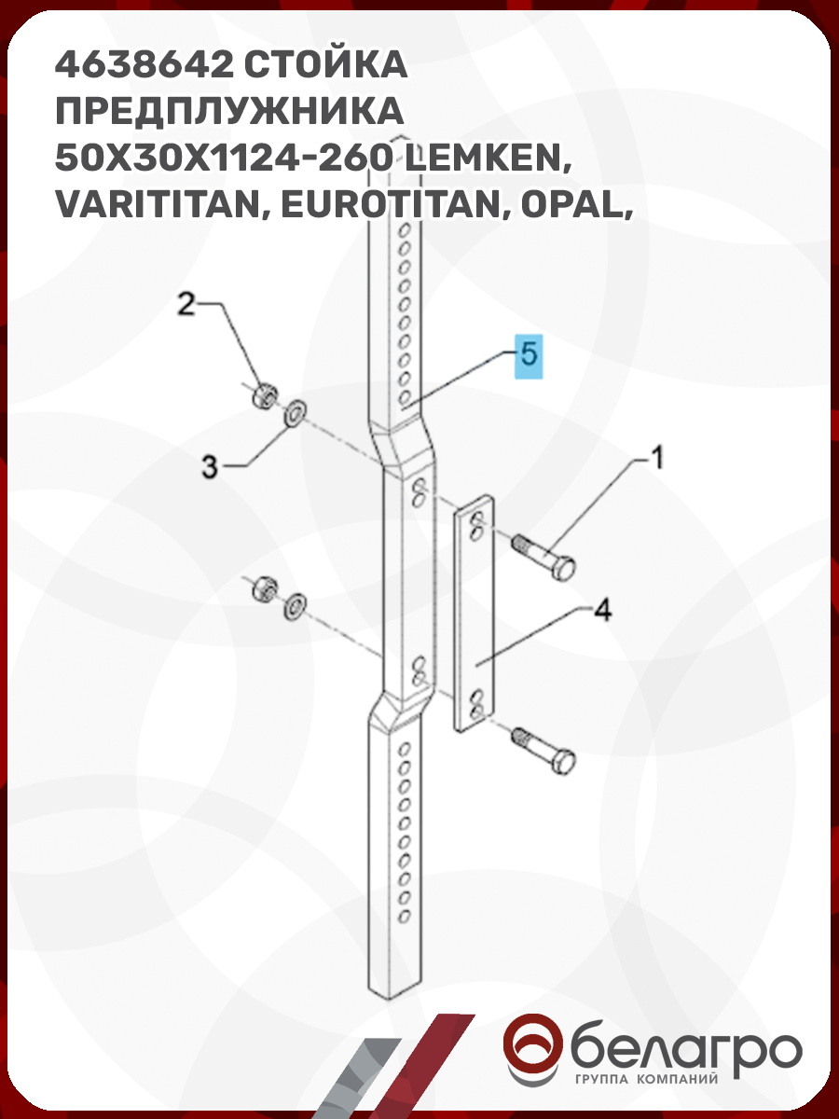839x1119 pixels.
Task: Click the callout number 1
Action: (x=657, y=458)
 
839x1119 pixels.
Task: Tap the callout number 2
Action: (x=186, y=304)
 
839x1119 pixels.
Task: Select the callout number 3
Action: (x=210, y=466)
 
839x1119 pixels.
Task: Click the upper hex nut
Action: (x=265, y=396)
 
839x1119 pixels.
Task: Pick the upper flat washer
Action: (x=295, y=414)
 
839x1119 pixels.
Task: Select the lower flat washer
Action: (x=295, y=607)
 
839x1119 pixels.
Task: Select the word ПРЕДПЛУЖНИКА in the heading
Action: (x=229, y=112)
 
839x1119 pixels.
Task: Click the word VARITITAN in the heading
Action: (x=162, y=206)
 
